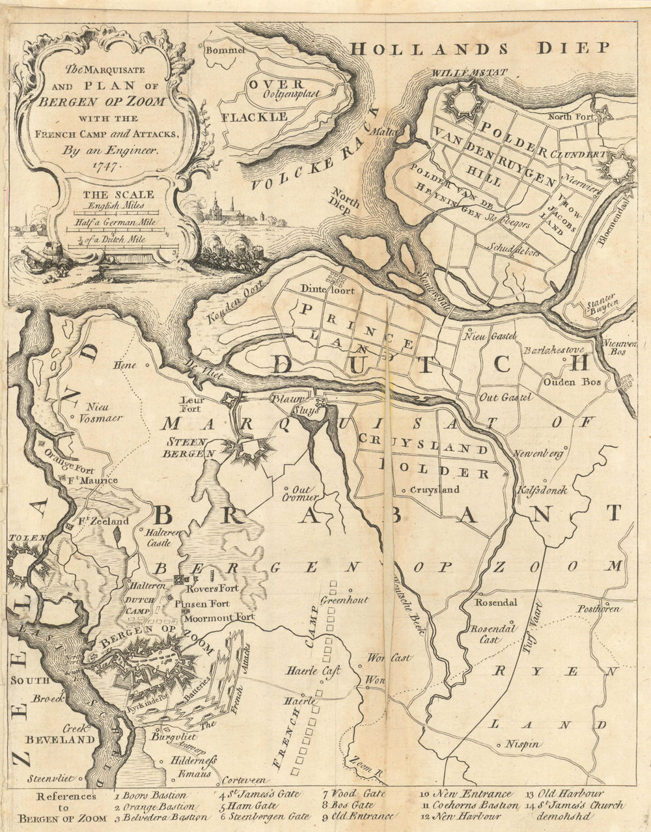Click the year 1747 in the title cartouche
click(x=104, y=166)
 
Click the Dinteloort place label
click(x=327, y=290)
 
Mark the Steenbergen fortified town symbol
click(x=242, y=450)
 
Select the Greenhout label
click(x=344, y=599)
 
